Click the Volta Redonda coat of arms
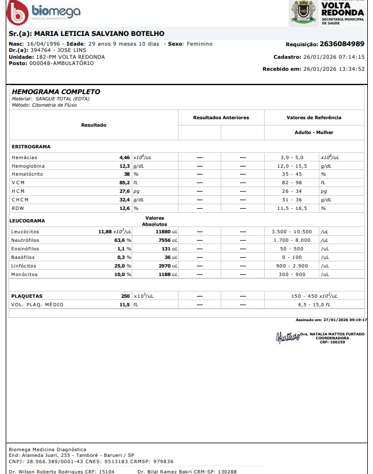tap(304, 13)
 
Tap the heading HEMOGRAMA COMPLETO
tap(56, 92)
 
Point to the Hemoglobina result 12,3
tap(124, 165)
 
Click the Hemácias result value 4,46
tap(124, 157)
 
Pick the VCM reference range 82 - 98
tap(291, 183)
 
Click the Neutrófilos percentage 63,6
tap(120, 240)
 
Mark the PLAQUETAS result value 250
tap(125, 296)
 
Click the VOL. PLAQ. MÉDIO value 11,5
tap(124, 305)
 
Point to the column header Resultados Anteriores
tap(221, 118)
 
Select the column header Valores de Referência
tap(314, 118)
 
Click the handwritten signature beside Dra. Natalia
tap(287, 337)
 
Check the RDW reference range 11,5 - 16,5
tap(291, 208)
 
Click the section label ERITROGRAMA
tap(31, 147)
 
